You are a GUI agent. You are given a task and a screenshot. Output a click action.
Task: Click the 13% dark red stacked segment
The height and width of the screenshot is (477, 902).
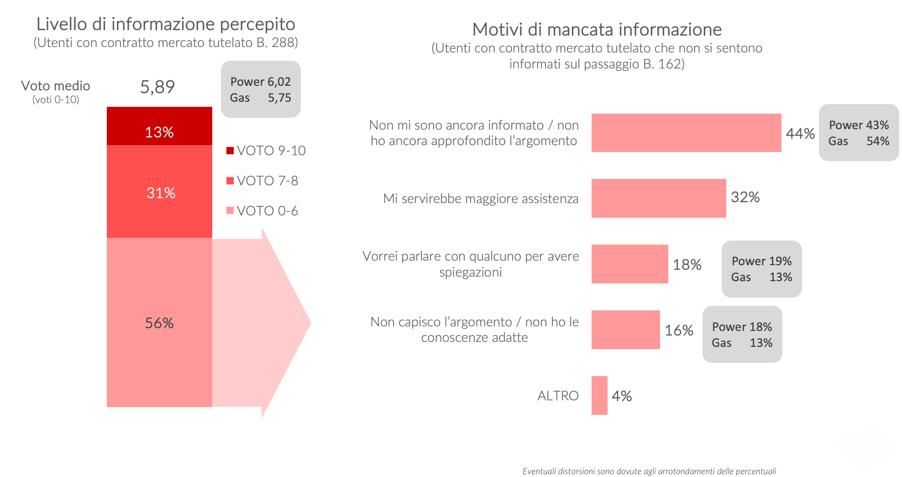point(159,126)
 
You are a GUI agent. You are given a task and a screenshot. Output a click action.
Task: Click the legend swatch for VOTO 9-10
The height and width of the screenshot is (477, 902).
point(230,151)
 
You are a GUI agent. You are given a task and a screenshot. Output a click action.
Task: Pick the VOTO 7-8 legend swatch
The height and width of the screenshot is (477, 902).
point(230,181)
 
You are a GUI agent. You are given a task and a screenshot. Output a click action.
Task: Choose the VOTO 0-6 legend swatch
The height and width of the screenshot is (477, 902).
point(230,210)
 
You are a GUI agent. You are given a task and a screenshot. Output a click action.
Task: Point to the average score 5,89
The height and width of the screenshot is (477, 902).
point(157,87)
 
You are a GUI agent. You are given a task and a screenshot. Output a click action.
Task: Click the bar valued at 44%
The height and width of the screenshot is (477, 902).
point(686,133)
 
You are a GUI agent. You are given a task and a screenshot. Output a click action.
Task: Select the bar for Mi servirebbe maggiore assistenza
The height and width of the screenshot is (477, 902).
point(658,198)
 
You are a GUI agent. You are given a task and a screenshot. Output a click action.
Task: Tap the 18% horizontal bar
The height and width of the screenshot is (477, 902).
point(629,264)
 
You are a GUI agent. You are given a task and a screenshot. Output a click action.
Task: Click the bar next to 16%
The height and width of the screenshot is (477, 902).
point(625,330)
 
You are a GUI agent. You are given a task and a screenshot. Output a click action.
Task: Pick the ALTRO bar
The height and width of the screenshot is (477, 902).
point(599,395)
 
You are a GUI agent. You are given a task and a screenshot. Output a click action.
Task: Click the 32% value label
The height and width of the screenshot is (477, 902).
point(745,197)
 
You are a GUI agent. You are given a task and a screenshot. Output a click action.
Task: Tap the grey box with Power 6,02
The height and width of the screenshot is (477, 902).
point(261,89)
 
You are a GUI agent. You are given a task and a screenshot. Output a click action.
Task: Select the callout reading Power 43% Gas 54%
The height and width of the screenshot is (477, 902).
point(859,133)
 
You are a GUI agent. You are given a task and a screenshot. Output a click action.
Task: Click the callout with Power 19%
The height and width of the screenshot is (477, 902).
point(761,269)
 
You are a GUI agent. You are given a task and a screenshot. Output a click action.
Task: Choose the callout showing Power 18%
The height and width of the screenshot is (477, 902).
point(742,335)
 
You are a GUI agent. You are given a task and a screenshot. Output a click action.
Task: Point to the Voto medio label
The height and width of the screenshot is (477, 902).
point(56,86)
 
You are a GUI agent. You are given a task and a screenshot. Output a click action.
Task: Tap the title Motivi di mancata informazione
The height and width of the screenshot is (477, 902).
point(597,30)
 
